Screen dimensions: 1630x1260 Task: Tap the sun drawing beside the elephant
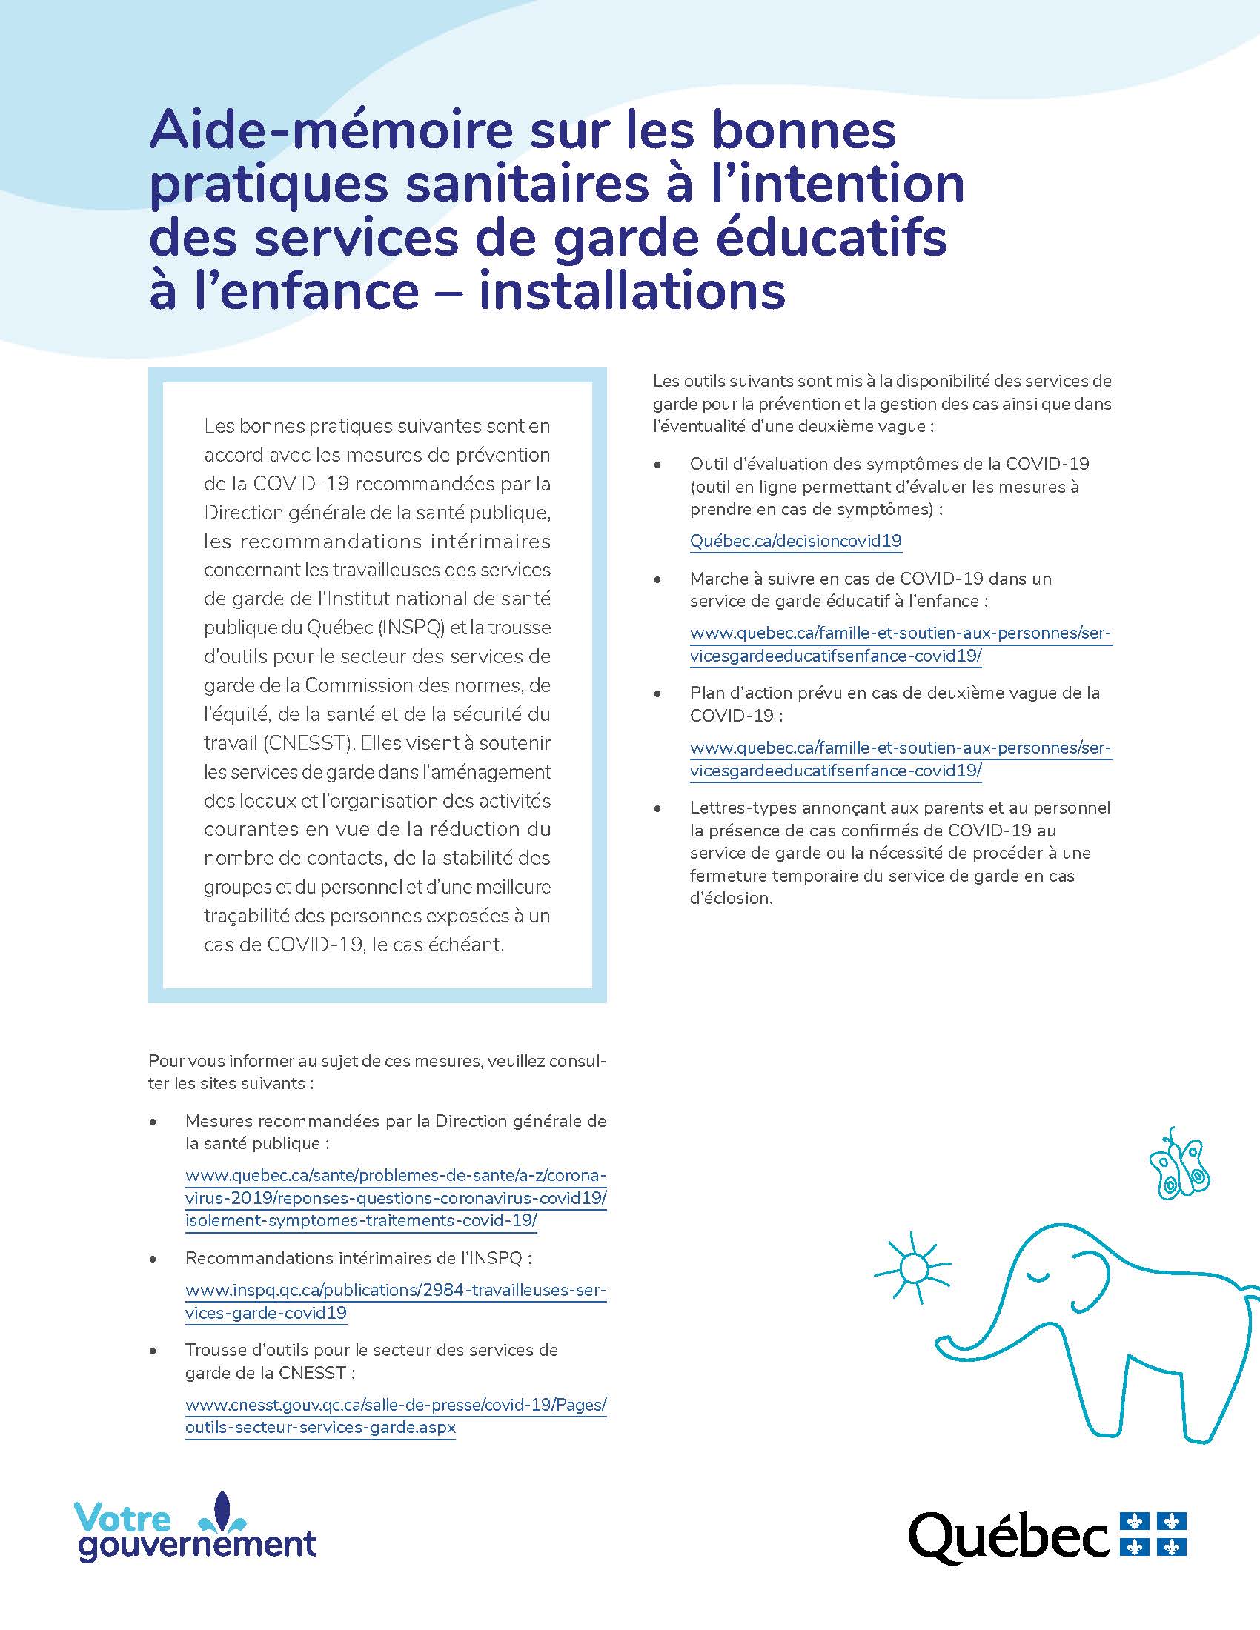click(913, 1267)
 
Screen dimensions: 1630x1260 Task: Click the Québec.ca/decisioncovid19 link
click(796, 541)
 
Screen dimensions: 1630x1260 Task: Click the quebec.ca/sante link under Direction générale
click(396, 1199)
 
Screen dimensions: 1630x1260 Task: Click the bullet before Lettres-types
click(657, 809)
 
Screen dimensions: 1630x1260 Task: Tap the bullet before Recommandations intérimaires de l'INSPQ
click(153, 1259)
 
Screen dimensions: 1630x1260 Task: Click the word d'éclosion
click(731, 899)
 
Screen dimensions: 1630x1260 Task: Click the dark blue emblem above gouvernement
click(222, 1513)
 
